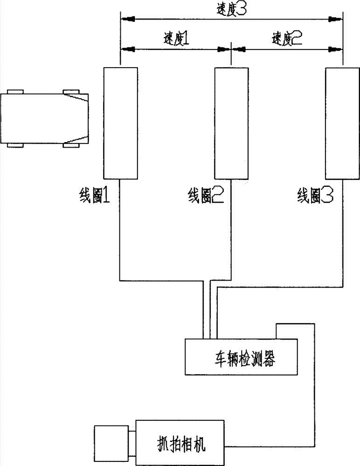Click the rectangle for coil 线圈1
pos(120,123)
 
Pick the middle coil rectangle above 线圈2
pos(231,123)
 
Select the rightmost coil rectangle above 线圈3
pos(343,123)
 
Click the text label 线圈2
pos(205,196)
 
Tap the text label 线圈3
pos(315,196)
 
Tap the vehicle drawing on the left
pos(45,118)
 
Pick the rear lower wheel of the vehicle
pos(16,146)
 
